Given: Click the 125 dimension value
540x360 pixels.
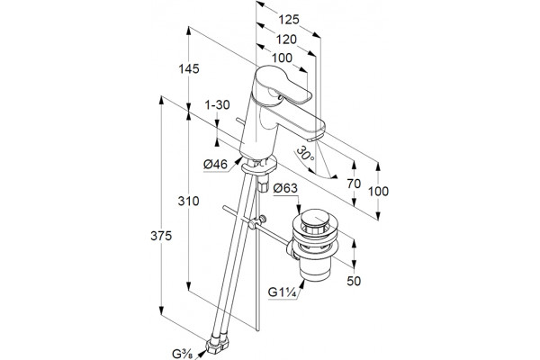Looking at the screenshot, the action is tap(289, 20).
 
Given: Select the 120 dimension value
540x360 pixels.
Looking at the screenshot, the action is tap(286, 40).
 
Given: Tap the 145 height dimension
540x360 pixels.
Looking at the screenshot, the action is tap(189, 69).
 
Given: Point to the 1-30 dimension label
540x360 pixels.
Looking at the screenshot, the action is tap(217, 104).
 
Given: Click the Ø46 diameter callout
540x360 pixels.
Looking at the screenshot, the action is tap(216, 165).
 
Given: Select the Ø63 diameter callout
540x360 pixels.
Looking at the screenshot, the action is tap(285, 188).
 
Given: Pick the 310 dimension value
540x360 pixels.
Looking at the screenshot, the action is tap(188, 201).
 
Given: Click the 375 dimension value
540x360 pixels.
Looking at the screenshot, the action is tap(161, 236).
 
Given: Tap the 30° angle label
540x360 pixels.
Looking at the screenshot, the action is tap(305, 154).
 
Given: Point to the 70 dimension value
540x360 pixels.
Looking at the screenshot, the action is tap(354, 184).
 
